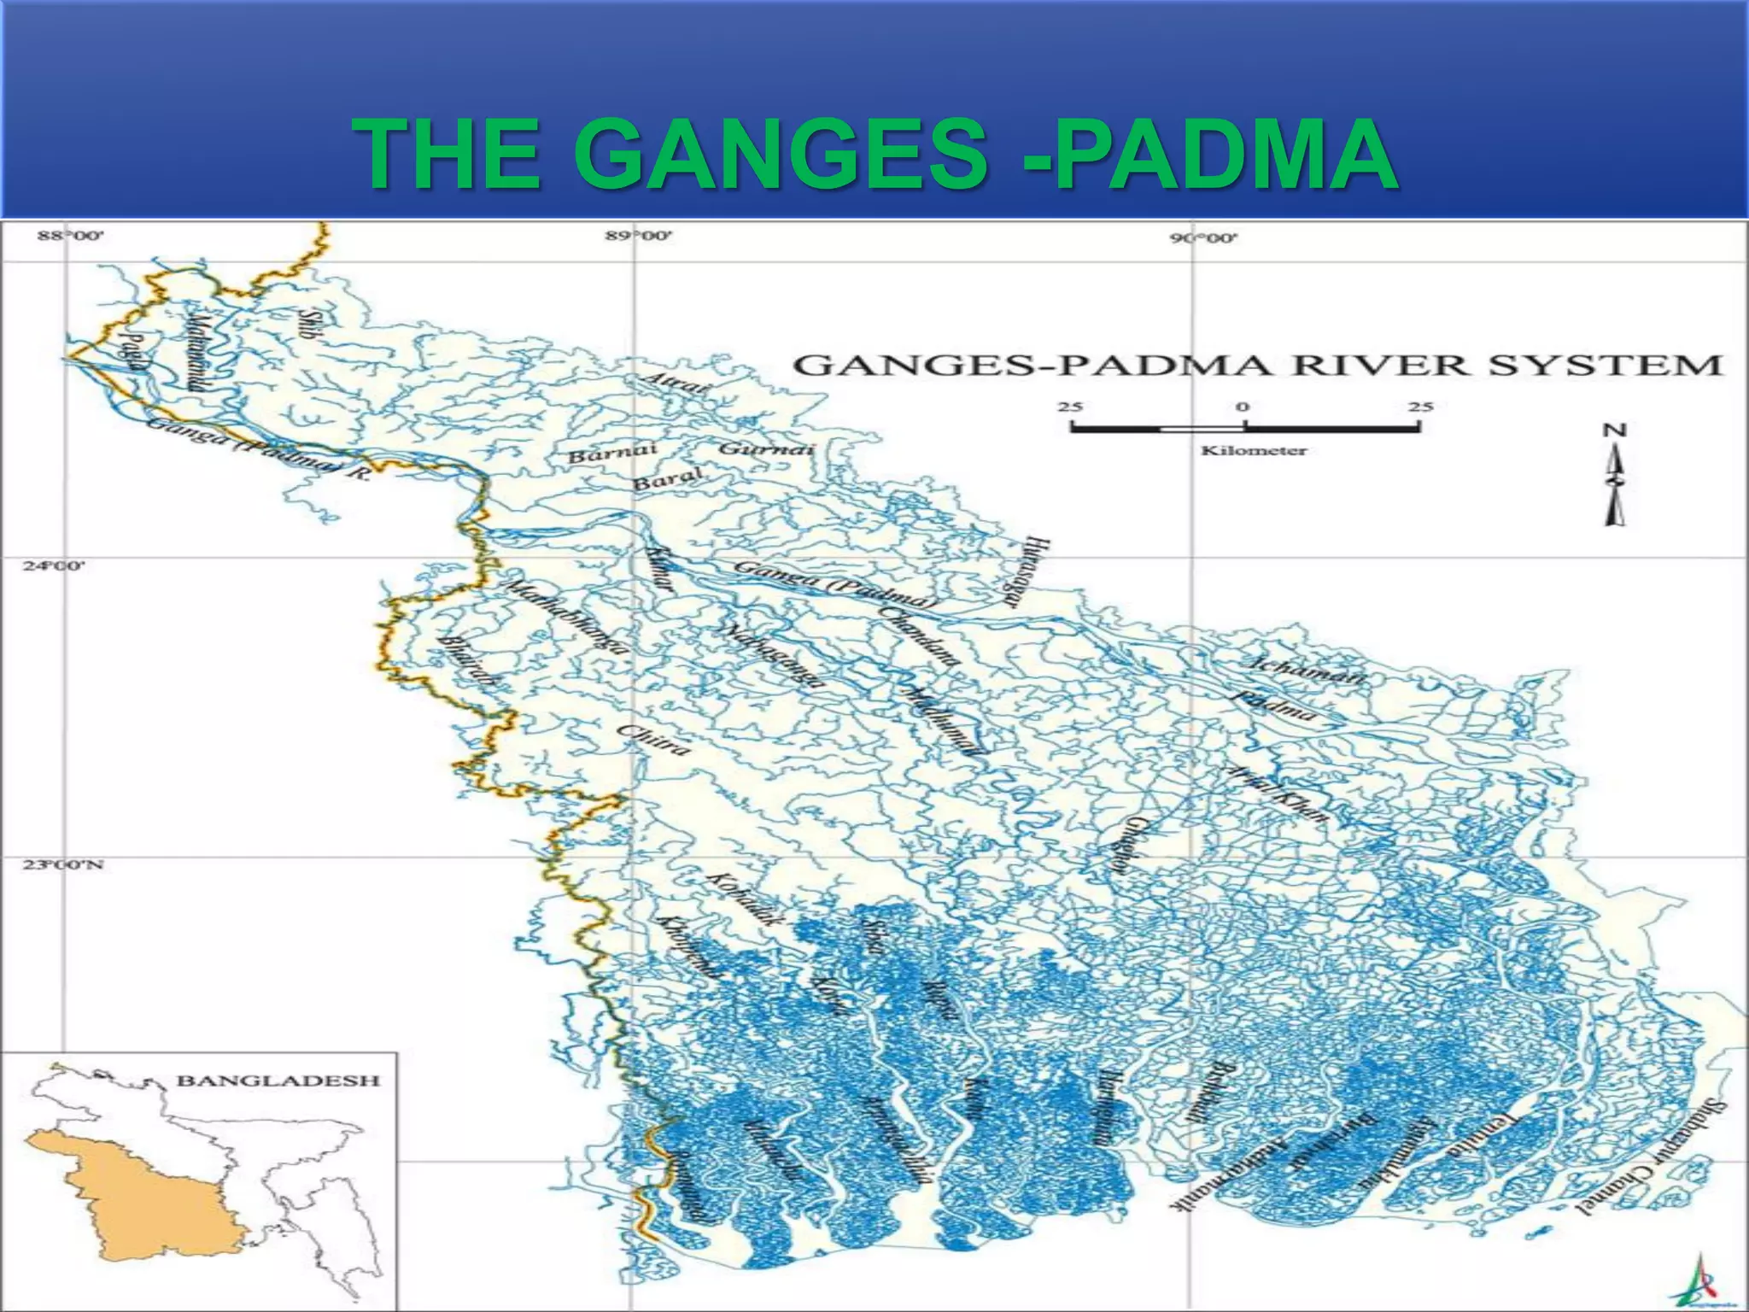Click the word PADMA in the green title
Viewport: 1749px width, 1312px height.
1221,155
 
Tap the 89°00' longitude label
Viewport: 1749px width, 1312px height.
639,236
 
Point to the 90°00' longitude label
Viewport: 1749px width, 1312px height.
1202,239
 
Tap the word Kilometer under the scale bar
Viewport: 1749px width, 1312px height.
1254,451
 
